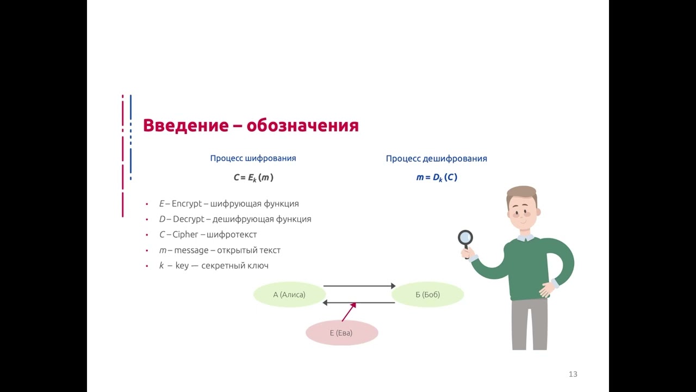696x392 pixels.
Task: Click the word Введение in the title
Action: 185,126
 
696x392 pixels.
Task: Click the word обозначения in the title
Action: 302,126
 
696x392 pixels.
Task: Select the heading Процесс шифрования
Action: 253,158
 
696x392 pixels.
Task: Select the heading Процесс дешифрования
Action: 436,158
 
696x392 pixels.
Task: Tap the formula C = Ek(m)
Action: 253,177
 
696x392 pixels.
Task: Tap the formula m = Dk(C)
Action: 436,177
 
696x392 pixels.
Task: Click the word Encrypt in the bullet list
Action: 187,204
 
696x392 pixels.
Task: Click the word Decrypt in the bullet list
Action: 188,219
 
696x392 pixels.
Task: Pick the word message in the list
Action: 191,250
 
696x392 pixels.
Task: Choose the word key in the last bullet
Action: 182,266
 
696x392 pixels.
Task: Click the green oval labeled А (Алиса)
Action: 289,295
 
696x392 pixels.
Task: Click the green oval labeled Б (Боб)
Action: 427,295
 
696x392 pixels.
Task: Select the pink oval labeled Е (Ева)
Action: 341,333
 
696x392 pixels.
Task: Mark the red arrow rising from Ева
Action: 349,312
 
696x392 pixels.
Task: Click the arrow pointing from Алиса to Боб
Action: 359,286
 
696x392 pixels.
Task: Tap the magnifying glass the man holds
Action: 465,237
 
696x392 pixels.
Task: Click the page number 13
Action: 573,374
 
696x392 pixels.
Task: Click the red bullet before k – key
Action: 147,266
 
